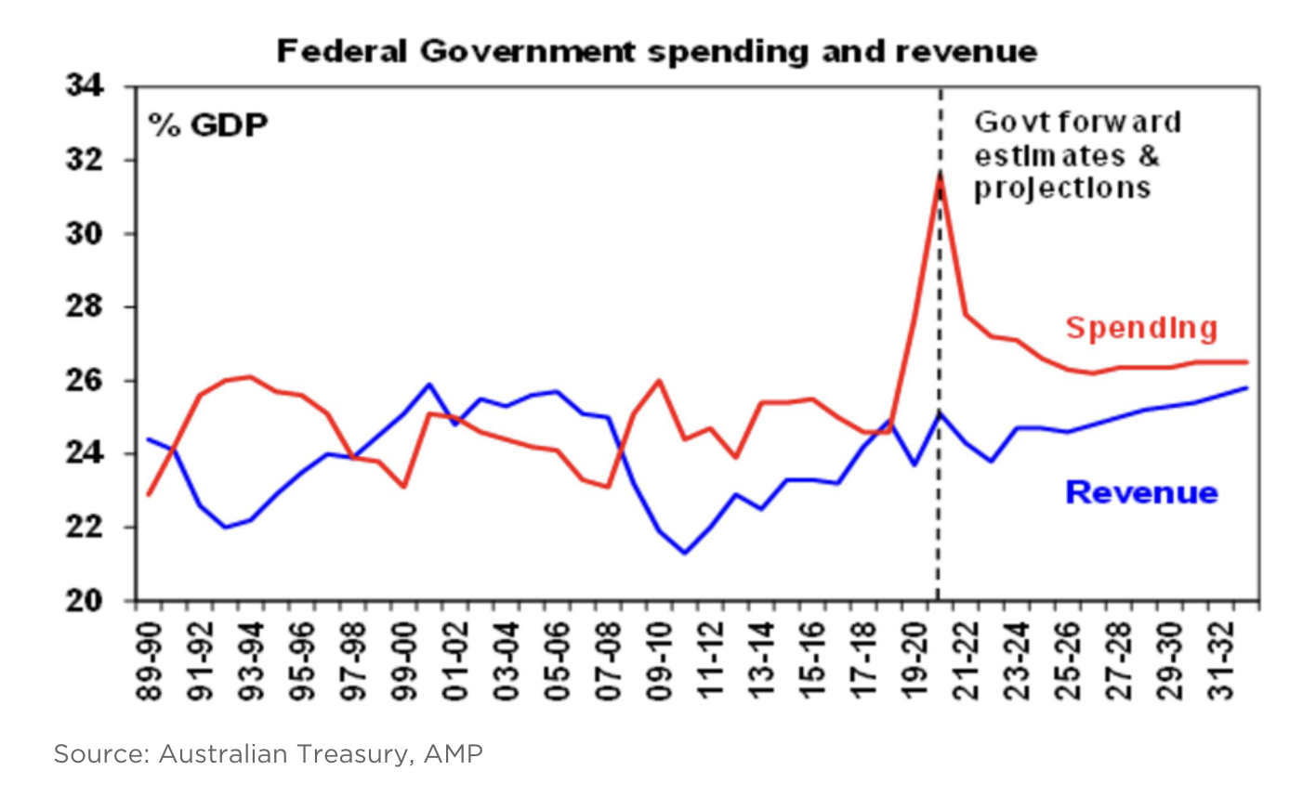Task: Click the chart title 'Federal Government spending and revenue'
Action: coord(656,51)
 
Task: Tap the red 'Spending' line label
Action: coord(1140,328)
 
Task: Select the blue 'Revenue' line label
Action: coord(1140,492)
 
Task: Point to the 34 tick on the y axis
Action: coord(85,86)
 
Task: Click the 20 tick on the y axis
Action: coord(85,601)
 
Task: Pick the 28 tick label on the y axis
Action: coord(85,307)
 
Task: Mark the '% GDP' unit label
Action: coord(208,124)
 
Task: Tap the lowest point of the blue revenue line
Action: coord(685,553)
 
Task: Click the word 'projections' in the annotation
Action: coord(1062,189)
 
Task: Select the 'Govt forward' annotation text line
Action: coord(1077,122)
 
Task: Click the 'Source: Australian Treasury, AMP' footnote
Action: coord(268,753)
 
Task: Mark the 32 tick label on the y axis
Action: coord(85,160)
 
